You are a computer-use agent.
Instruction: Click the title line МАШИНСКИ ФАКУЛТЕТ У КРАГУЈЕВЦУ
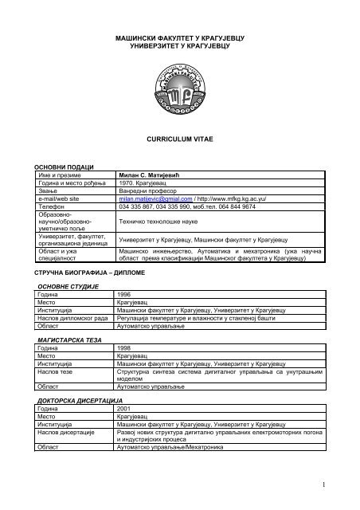pyautogui.click(x=180, y=38)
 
